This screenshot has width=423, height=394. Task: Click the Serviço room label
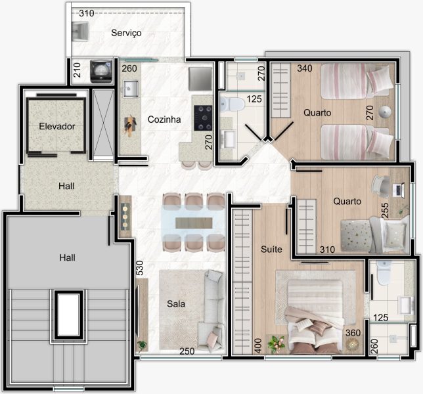point(126,33)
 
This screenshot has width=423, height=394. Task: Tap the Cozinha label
point(164,120)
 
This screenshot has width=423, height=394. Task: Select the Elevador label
point(57,126)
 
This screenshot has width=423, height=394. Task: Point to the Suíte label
point(271,249)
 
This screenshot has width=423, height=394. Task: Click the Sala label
point(176,304)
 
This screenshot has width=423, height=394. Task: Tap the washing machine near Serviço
point(101,71)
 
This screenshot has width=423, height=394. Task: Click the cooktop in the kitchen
point(203,118)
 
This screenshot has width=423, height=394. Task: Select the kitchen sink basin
point(131,89)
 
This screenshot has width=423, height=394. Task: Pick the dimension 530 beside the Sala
point(139,268)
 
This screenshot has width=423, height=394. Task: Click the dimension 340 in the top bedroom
point(305,68)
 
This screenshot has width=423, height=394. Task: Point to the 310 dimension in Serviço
point(87,13)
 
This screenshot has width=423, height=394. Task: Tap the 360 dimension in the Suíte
point(353,333)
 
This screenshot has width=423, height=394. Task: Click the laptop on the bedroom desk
point(399,190)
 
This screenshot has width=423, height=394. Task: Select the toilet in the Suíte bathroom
point(384,273)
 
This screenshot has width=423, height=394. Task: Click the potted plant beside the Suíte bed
point(276,343)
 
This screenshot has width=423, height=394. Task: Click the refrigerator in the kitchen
point(200,79)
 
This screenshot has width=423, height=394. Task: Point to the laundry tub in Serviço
point(80,32)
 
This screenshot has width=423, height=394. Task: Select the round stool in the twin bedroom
point(384,112)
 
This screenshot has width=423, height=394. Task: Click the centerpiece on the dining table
point(194,223)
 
